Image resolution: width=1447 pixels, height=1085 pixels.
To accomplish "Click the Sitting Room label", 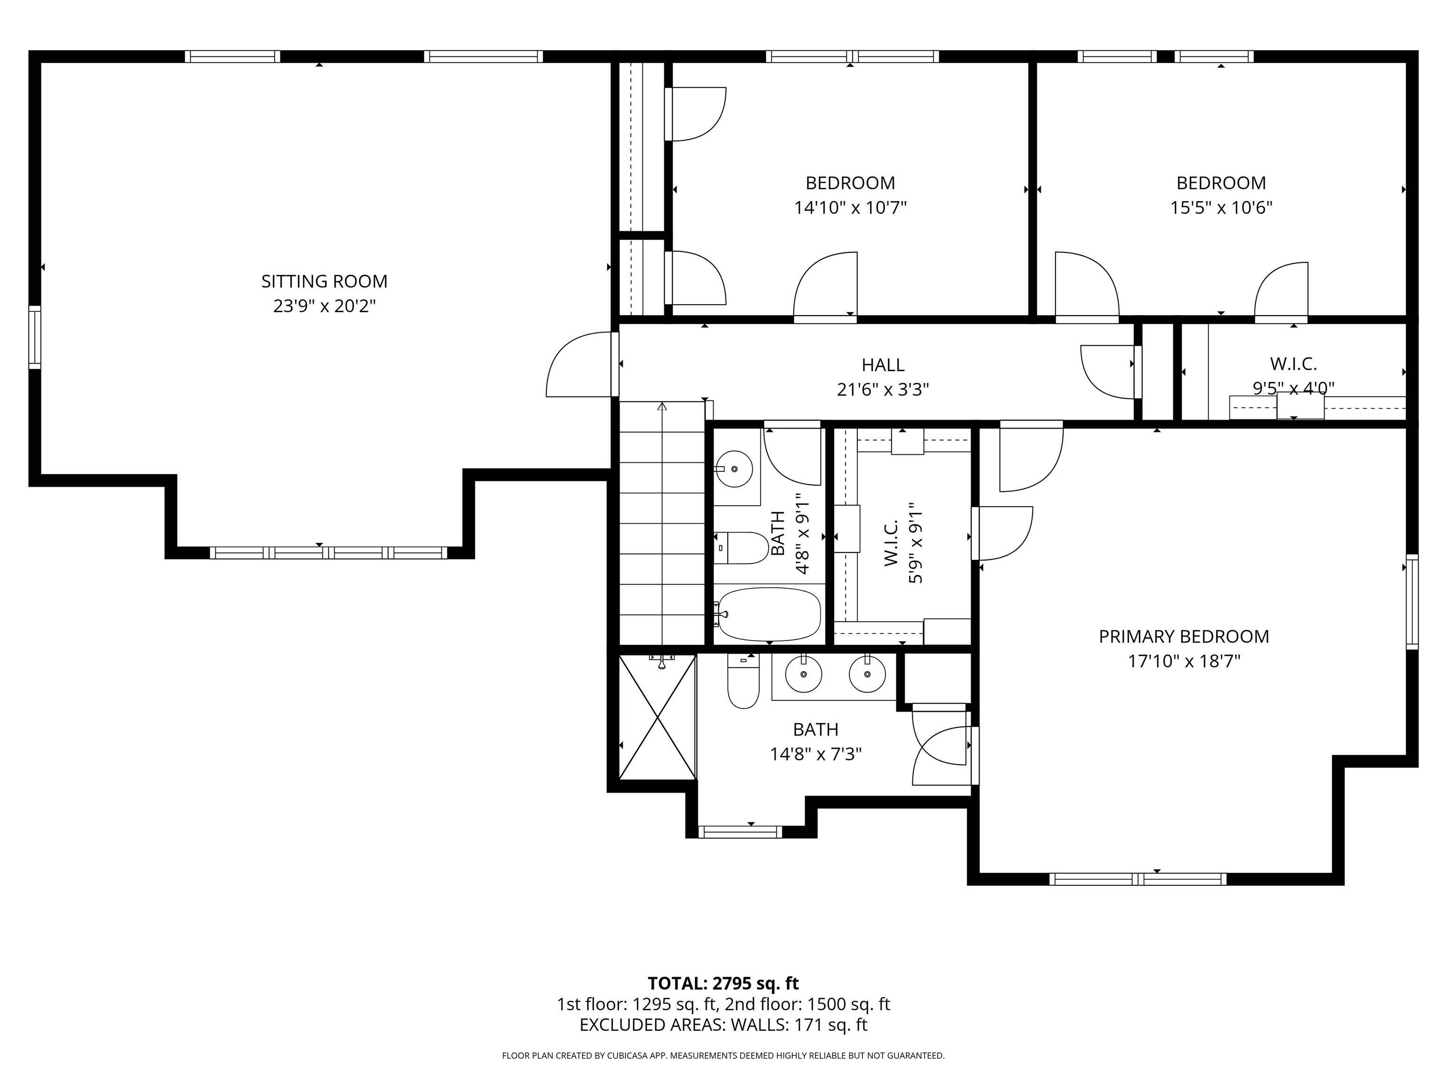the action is (x=325, y=281).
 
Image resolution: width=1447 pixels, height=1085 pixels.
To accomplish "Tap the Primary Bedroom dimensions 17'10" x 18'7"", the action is (x=1184, y=661).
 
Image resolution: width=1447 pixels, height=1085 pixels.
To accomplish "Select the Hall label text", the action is (x=883, y=365).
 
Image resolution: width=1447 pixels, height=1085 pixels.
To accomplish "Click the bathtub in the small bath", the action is (x=767, y=614).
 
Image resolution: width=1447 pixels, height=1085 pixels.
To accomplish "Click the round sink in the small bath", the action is (x=734, y=469).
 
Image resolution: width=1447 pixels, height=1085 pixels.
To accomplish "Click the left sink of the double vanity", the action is (x=803, y=673).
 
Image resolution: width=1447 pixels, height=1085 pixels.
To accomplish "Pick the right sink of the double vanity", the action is (x=868, y=673).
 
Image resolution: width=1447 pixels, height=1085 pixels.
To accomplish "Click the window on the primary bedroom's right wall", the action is (x=1412, y=602).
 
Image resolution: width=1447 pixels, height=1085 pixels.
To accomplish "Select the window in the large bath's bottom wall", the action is (x=740, y=832).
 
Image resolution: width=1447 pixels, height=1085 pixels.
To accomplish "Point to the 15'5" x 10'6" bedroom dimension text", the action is (x=1220, y=208).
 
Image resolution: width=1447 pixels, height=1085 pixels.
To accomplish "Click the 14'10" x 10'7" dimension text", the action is (x=850, y=208).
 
